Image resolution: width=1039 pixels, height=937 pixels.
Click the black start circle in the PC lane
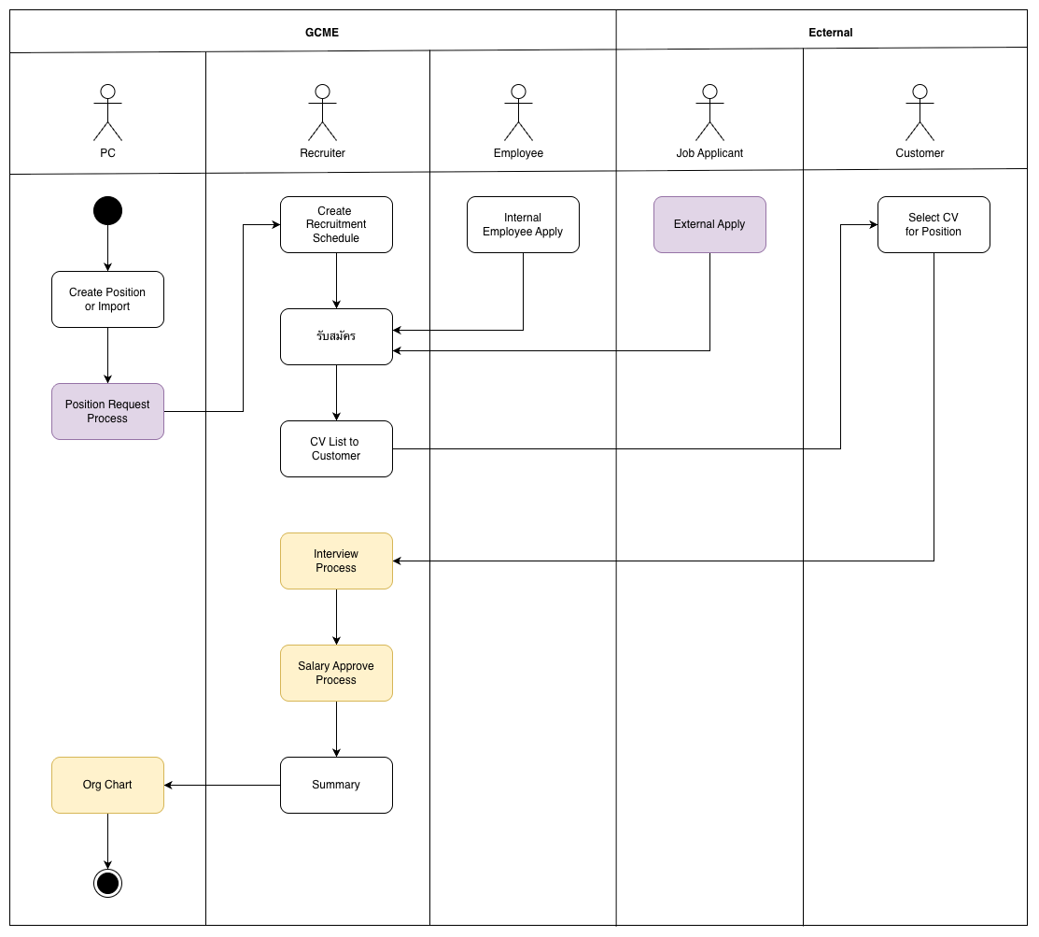(x=107, y=211)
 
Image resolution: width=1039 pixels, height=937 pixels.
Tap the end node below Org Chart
(x=107, y=883)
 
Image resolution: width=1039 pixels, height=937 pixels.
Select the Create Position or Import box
(x=107, y=299)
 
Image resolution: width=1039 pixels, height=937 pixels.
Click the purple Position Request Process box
(x=107, y=411)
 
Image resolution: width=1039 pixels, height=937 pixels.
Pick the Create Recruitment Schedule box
(x=336, y=224)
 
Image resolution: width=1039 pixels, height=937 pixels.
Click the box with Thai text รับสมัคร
(x=336, y=336)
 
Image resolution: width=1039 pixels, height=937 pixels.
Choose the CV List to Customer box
(x=336, y=448)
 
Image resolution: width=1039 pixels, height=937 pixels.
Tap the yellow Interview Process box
(x=336, y=561)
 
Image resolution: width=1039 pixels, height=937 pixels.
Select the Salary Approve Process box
(x=336, y=673)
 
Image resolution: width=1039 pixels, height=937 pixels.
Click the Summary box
(x=336, y=785)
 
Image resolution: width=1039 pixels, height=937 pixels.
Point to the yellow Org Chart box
(x=107, y=785)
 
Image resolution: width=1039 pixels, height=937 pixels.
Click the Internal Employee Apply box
(x=523, y=224)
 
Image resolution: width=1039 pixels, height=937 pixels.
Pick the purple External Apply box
(x=709, y=224)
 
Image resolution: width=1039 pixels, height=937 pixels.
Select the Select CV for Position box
(x=934, y=224)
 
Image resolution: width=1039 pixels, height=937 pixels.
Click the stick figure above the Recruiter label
(x=322, y=112)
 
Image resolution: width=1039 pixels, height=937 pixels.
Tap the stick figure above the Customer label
(x=920, y=112)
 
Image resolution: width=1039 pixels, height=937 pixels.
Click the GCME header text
(x=322, y=33)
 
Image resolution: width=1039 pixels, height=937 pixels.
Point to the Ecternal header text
(x=830, y=33)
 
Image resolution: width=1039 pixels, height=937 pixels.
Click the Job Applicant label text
(x=709, y=153)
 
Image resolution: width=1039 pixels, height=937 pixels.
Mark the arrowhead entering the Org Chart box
(x=169, y=785)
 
